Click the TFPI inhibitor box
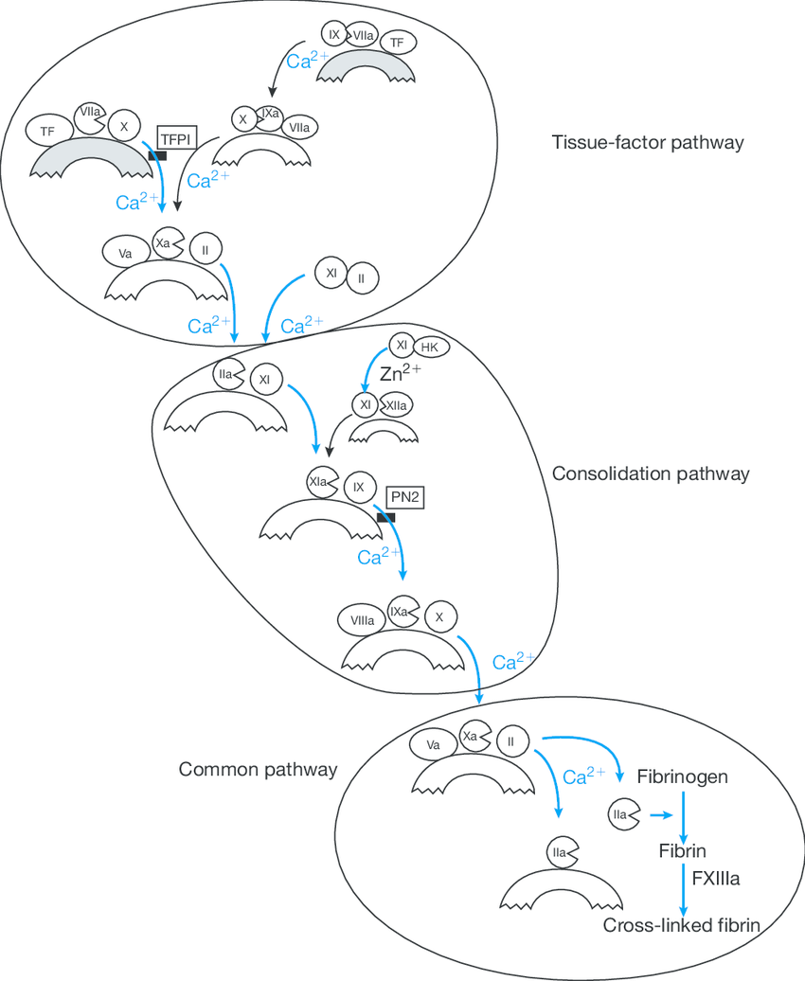pos(176,137)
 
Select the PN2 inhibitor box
pos(405,495)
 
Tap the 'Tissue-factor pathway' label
pos(648,143)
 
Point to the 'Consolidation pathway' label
pos(651,473)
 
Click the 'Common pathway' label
pos(258,769)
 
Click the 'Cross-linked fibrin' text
pos(682,925)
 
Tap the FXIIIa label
pos(715,879)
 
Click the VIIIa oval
pos(361,621)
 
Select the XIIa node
pos(396,405)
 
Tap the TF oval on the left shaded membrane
pos(47,132)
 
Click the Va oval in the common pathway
pos(433,744)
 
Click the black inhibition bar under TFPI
pos(156,154)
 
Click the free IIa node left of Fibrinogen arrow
pos(620,813)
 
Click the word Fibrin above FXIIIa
pos(682,850)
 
